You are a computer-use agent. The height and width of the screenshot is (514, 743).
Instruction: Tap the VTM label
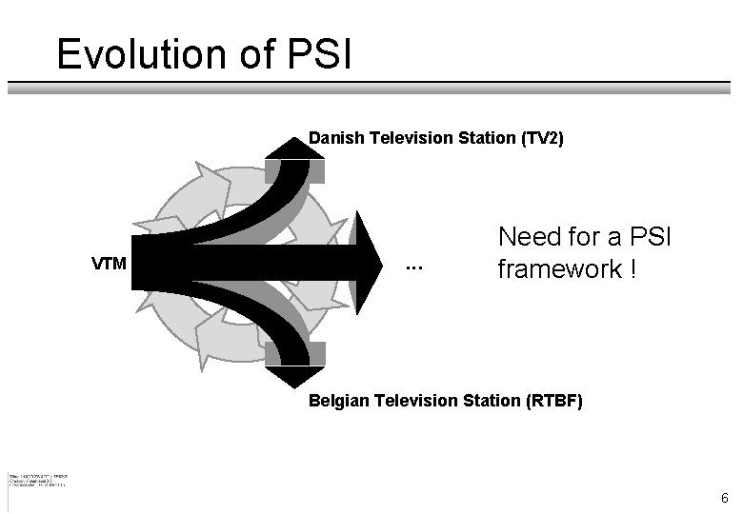110,263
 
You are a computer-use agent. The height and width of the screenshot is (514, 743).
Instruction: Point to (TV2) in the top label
542,139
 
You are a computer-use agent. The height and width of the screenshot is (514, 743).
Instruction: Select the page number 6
724,498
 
